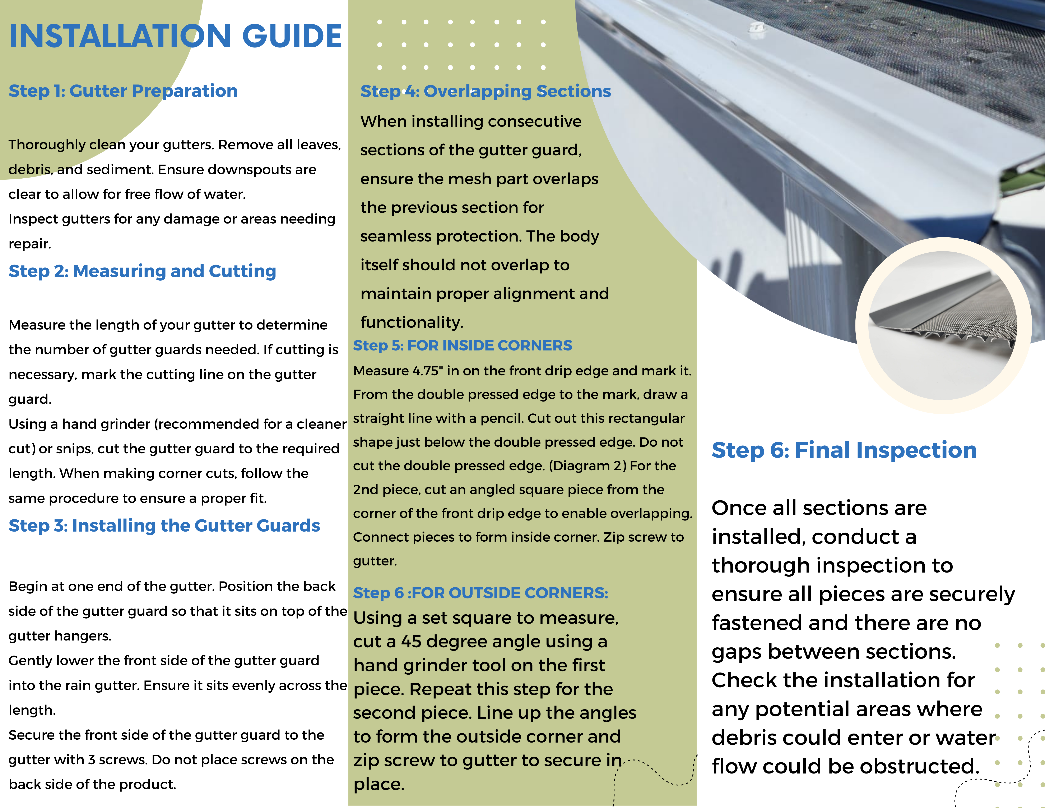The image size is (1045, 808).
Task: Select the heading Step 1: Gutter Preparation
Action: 123,91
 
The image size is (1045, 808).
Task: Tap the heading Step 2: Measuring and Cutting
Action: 142,271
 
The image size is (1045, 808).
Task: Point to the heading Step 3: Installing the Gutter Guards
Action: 164,525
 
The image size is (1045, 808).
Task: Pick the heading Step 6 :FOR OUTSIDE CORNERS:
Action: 480,593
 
